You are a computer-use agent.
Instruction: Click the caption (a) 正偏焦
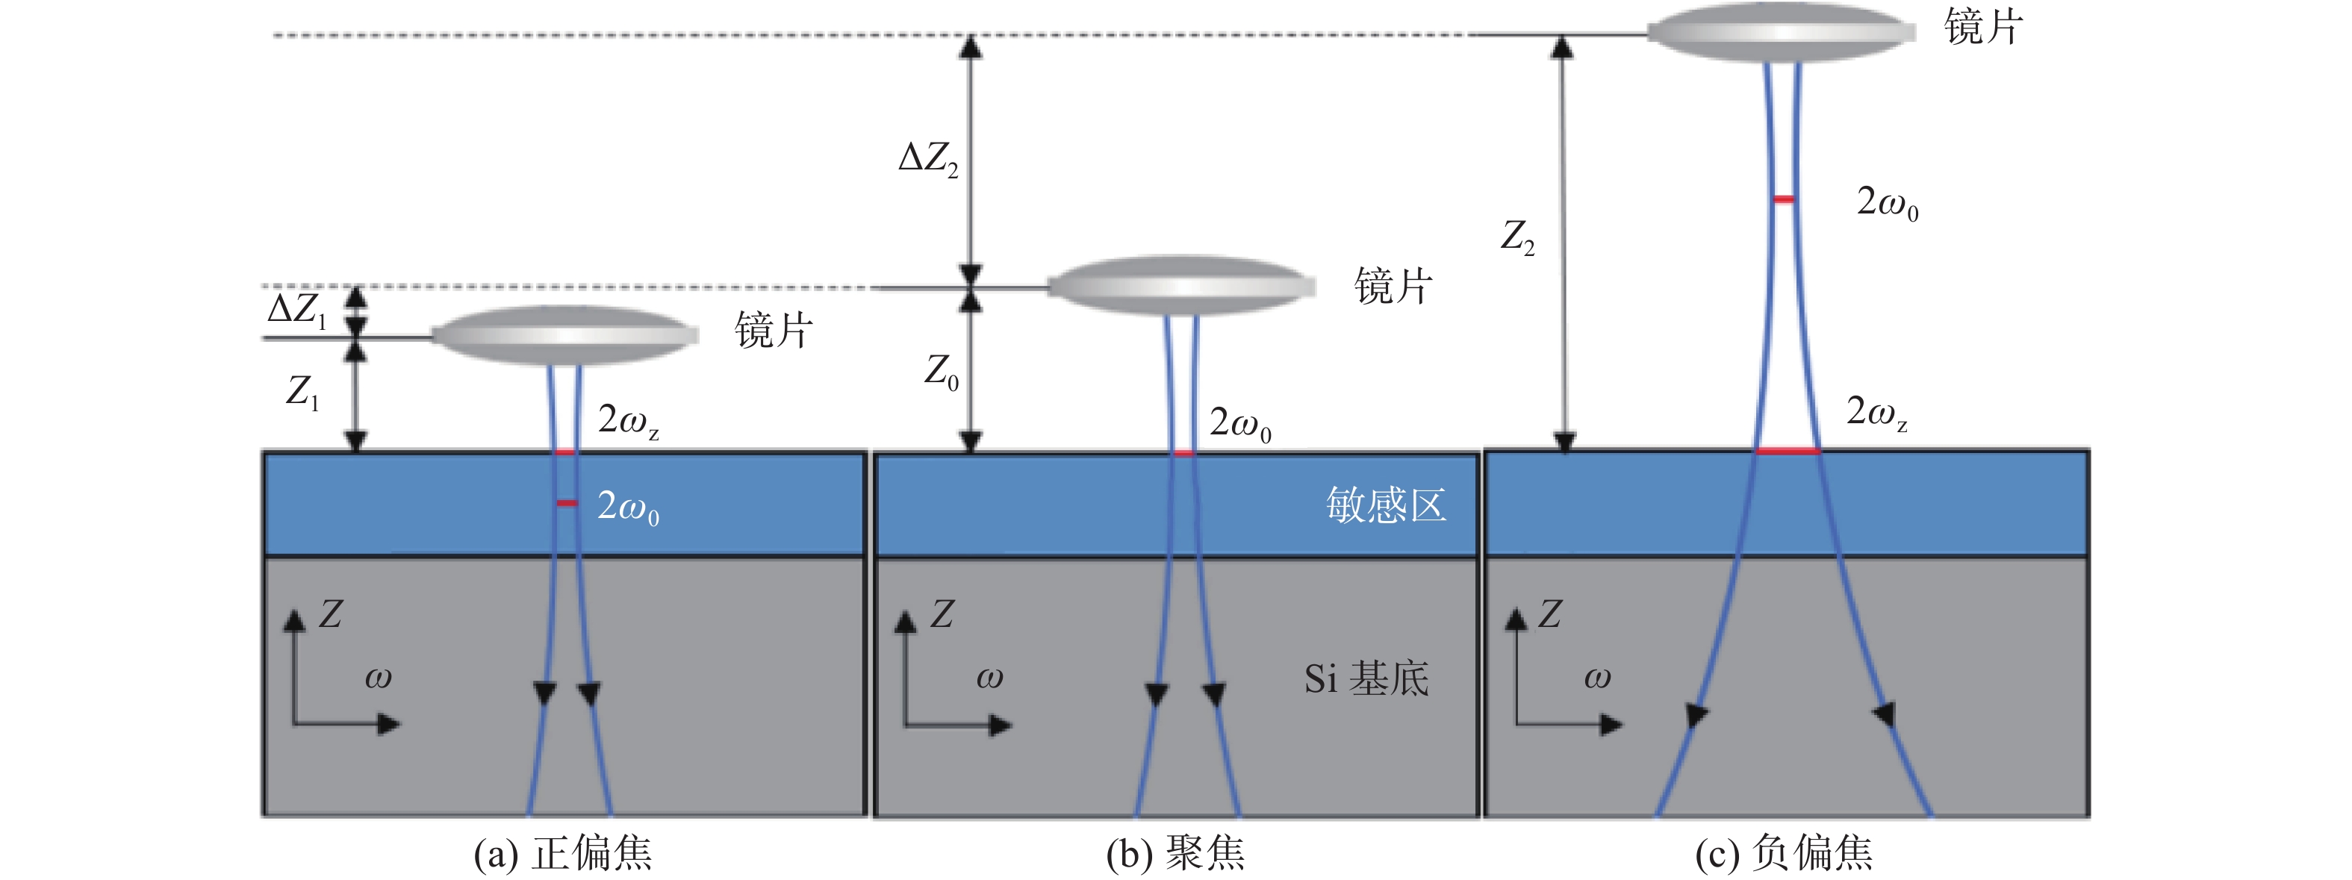click(562, 854)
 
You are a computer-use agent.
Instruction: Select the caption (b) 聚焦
click(1175, 854)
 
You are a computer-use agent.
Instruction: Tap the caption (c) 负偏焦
click(1784, 854)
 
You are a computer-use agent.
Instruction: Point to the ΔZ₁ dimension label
click(296, 311)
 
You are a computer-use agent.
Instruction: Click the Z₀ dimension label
click(942, 372)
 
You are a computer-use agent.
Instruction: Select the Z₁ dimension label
click(302, 392)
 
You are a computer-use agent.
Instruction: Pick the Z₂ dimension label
click(1517, 237)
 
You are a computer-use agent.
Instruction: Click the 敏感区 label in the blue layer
click(1386, 505)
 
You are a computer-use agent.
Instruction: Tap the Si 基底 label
click(1366, 678)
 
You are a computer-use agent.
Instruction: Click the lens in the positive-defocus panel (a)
click(565, 336)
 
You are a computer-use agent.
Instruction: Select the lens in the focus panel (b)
click(1181, 286)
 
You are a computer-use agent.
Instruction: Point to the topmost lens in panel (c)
click(1782, 33)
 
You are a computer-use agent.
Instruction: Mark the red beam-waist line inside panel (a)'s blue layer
click(567, 503)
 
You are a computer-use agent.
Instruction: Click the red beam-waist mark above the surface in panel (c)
click(1783, 199)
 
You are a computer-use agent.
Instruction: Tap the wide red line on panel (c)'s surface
click(1788, 450)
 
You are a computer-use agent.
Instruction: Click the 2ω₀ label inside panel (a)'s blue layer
click(628, 507)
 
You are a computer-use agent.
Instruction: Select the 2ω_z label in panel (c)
click(1877, 413)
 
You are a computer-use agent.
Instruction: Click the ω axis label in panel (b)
click(990, 677)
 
